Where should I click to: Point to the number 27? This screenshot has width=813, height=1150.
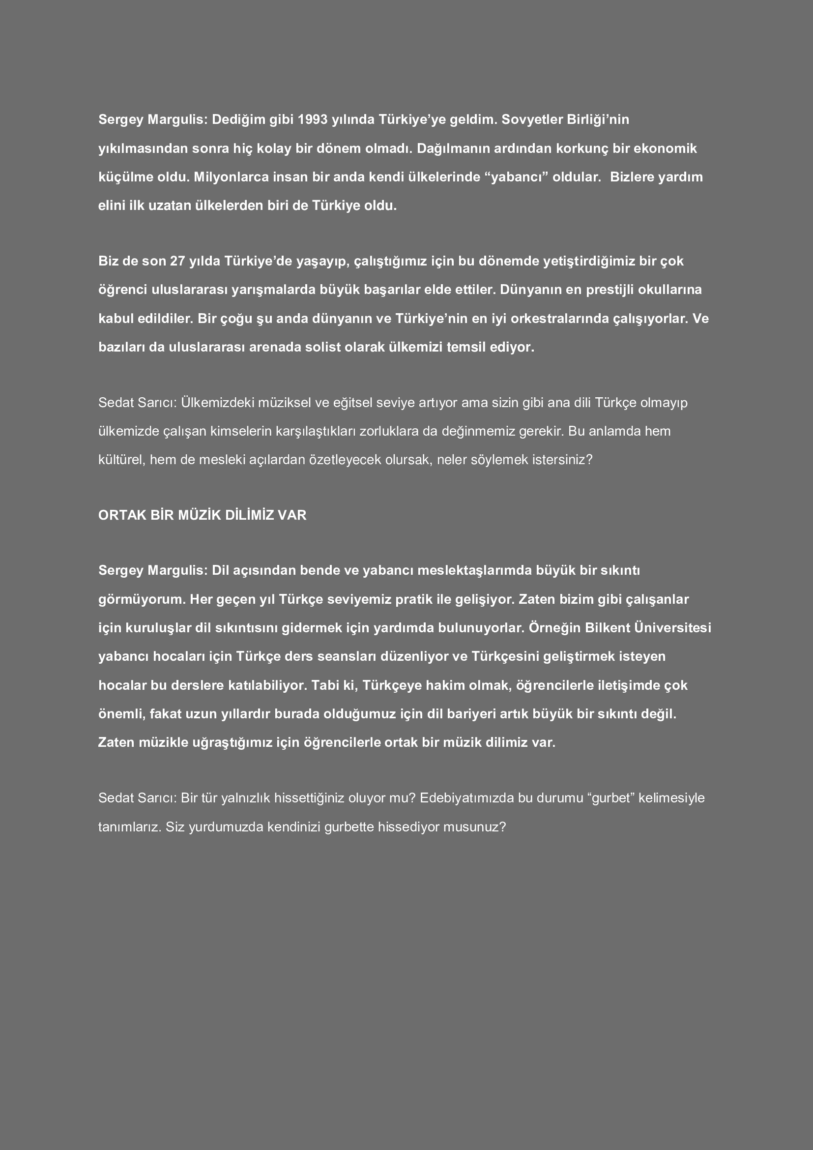point(178,262)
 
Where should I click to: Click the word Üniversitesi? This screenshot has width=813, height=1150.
point(672,628)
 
